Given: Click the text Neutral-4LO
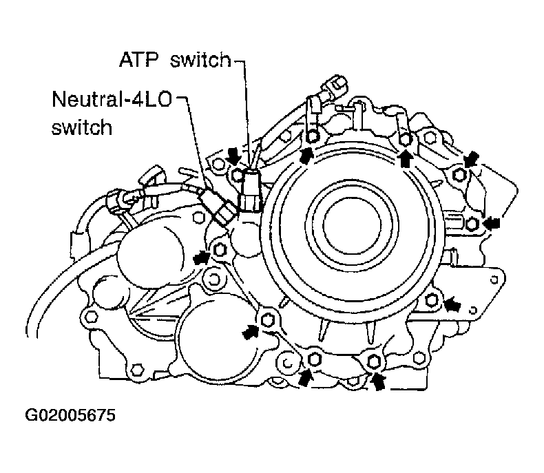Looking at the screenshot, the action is click(x=112, y=100).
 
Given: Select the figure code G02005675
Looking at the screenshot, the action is click(x=70, y=415).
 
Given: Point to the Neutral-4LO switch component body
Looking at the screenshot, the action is click(x=218, y=206).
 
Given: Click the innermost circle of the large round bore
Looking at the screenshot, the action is click(x=352, y=224).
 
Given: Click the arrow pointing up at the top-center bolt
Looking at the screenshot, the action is click(x=405, y=158).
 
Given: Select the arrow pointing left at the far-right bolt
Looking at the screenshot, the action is click(x=492, y=223).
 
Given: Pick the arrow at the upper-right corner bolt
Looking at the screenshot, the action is click(x=472, y=159).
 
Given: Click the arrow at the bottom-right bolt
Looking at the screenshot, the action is click(x=378, y=382).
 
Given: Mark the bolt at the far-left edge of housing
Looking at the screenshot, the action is click(x=91, y=317).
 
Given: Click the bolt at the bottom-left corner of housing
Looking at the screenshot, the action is click(x=138, y=370).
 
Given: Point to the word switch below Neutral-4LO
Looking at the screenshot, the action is click(x=82, y=127).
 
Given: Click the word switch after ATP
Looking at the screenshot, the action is click(x=200, y=60).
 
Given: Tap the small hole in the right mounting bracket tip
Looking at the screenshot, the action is click(x=494, y=280).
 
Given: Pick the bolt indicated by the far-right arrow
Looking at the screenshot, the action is click(x=472, y=224).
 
